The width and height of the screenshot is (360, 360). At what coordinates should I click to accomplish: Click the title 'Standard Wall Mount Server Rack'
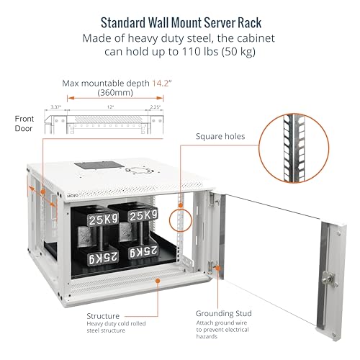pyautogui.click(x=179, y=21)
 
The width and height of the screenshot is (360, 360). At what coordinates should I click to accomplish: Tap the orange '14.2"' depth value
pyautogui.click(x=161, y=84)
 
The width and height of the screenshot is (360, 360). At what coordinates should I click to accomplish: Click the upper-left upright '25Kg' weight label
pyautogui.click(x=104, y=216)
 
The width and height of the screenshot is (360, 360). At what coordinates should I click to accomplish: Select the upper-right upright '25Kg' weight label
pyautogui.click(x=143, y=215)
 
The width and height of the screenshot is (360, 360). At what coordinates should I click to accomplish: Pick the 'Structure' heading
pyautogui.click(x=105, y=315)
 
